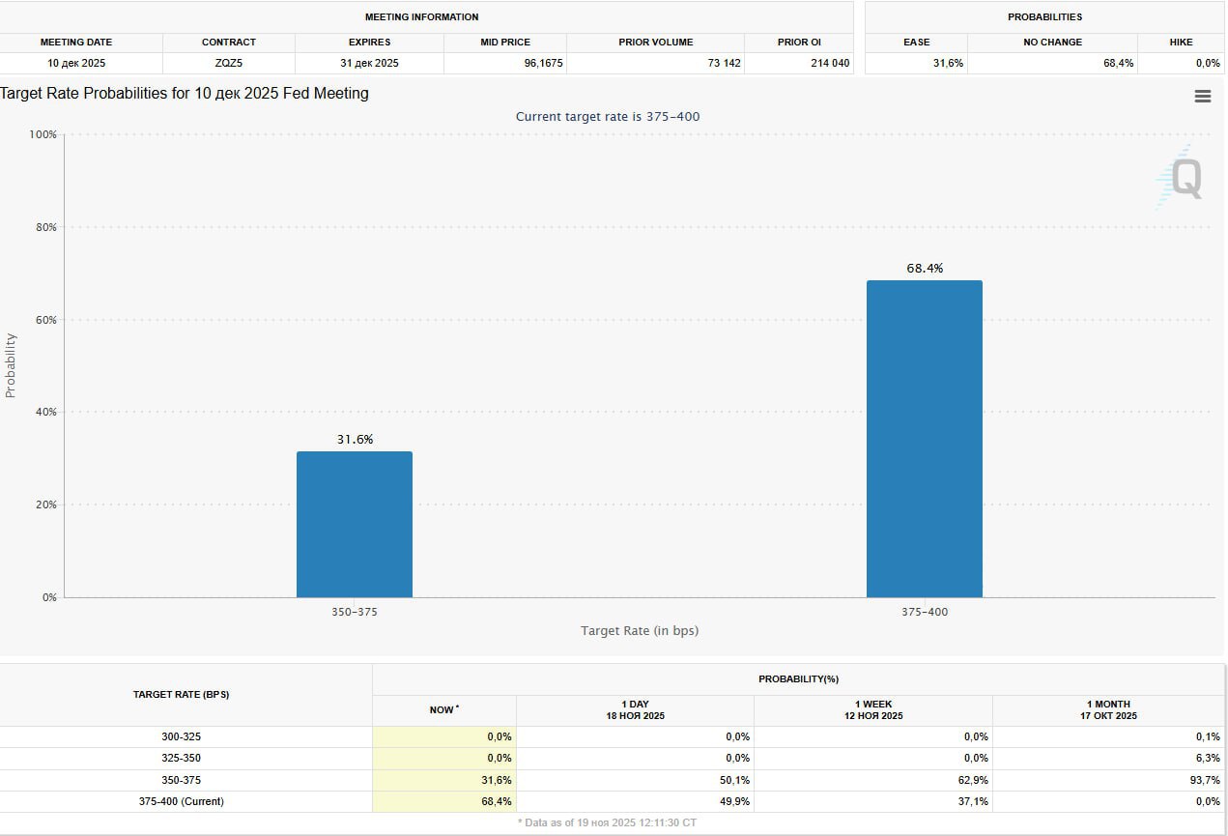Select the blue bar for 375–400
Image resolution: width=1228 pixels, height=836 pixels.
924,439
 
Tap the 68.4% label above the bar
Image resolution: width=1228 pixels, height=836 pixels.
924,269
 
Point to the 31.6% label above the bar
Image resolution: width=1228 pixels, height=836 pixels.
355,440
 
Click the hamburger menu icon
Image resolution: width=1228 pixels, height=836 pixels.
1203,97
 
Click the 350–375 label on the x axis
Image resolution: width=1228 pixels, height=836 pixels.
355,612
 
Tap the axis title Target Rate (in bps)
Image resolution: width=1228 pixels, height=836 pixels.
639,631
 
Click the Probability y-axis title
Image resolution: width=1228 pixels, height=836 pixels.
11,365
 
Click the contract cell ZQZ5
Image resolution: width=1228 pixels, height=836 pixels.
229,64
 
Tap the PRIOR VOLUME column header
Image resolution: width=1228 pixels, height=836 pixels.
656,43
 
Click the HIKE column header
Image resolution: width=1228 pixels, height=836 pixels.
1180,43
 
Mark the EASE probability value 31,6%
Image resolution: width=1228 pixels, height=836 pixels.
946,64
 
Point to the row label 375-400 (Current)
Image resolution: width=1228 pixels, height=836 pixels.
182,801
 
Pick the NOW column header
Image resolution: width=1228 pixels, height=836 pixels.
443,710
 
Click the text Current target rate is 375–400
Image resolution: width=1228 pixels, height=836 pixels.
608,117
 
